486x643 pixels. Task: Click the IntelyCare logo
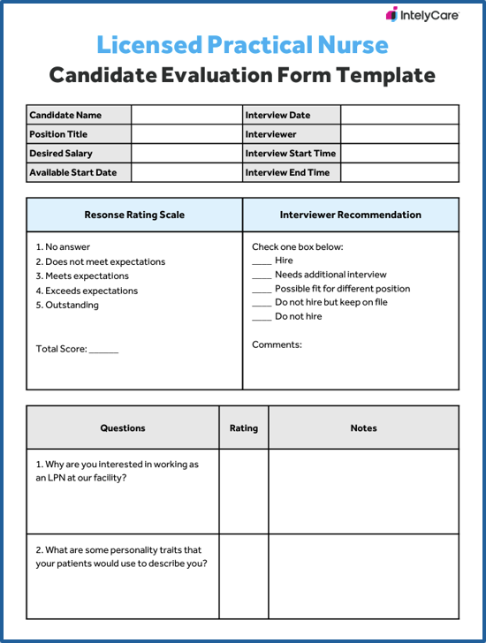[x=422, y=15]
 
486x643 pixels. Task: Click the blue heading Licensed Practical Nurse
[x=242, y=44]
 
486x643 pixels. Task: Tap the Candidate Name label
[x=65, y=115]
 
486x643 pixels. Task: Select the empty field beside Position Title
[x=186, y=134]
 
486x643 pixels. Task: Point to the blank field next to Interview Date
[x=399, y=115]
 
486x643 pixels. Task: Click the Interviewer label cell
[x=270, y=134]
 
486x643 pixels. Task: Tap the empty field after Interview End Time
[x=399, y=173]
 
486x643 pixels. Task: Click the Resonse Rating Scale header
[x=134, y=215]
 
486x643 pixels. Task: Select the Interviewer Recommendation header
[x=351, y=215]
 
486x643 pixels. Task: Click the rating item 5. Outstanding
[x=67, y=306]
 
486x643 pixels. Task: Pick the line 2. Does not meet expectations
[x=100, y=261]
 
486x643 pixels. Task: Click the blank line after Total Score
[x=103, y=351]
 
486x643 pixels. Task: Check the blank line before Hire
[x=262, y=262]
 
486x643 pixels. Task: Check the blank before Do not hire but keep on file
[x=262, y=304]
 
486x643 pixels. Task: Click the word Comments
[x=277, y=344]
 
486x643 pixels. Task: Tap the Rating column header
[x=244, y=428]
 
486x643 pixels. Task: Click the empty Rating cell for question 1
[x=244, y=491]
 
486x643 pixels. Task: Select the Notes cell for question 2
[x=363, y=576]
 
